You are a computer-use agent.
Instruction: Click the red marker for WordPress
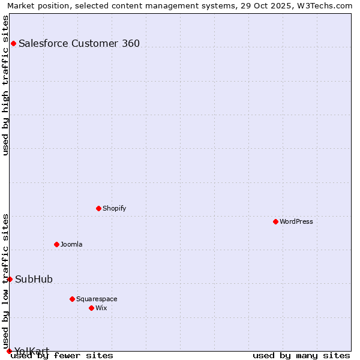pyautogui.click(x=275, y=221)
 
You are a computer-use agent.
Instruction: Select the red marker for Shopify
pyautogui.click(x=98, y=208)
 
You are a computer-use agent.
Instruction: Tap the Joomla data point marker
pyautogui.click(x=56, y=244)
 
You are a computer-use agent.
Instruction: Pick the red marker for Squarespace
pyautogui.click(x=72, y=299)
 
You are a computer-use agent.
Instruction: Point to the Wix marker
pyautogui.click(x=91, y=308)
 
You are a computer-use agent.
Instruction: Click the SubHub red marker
pyautogui.click(x=10, y=279)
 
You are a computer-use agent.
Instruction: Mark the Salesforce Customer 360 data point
pyautogui.click(x=13, y=43)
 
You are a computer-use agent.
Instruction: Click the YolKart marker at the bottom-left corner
pyautogui.click(x=9, y=351)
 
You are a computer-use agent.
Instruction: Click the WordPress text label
pyautogui.click(x=296, y=221)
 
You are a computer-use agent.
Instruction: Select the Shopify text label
pyautogui.click(x=114, y=208)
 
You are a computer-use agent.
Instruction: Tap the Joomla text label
pyautogui.click(x=71, y=244)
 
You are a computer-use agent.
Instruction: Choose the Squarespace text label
pyautogui.click(x=97, y=299)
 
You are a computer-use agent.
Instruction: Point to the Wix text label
pyautogui.click(x=101, y=308)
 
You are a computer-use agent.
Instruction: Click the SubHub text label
pyautogui.click(x=34, y=279)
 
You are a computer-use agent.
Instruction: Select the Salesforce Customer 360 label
pyautogui.click(x=79, y=43)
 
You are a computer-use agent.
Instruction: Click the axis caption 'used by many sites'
pyautogui.click(x=301, y=355)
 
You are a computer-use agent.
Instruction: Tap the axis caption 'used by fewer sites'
pyautogui.click(x=62, y=355)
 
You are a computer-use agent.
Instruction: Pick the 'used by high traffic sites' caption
pyautogui.click(x=6, y=85)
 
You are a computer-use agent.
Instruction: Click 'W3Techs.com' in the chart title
pyautogui.click(x=328, y=5)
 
